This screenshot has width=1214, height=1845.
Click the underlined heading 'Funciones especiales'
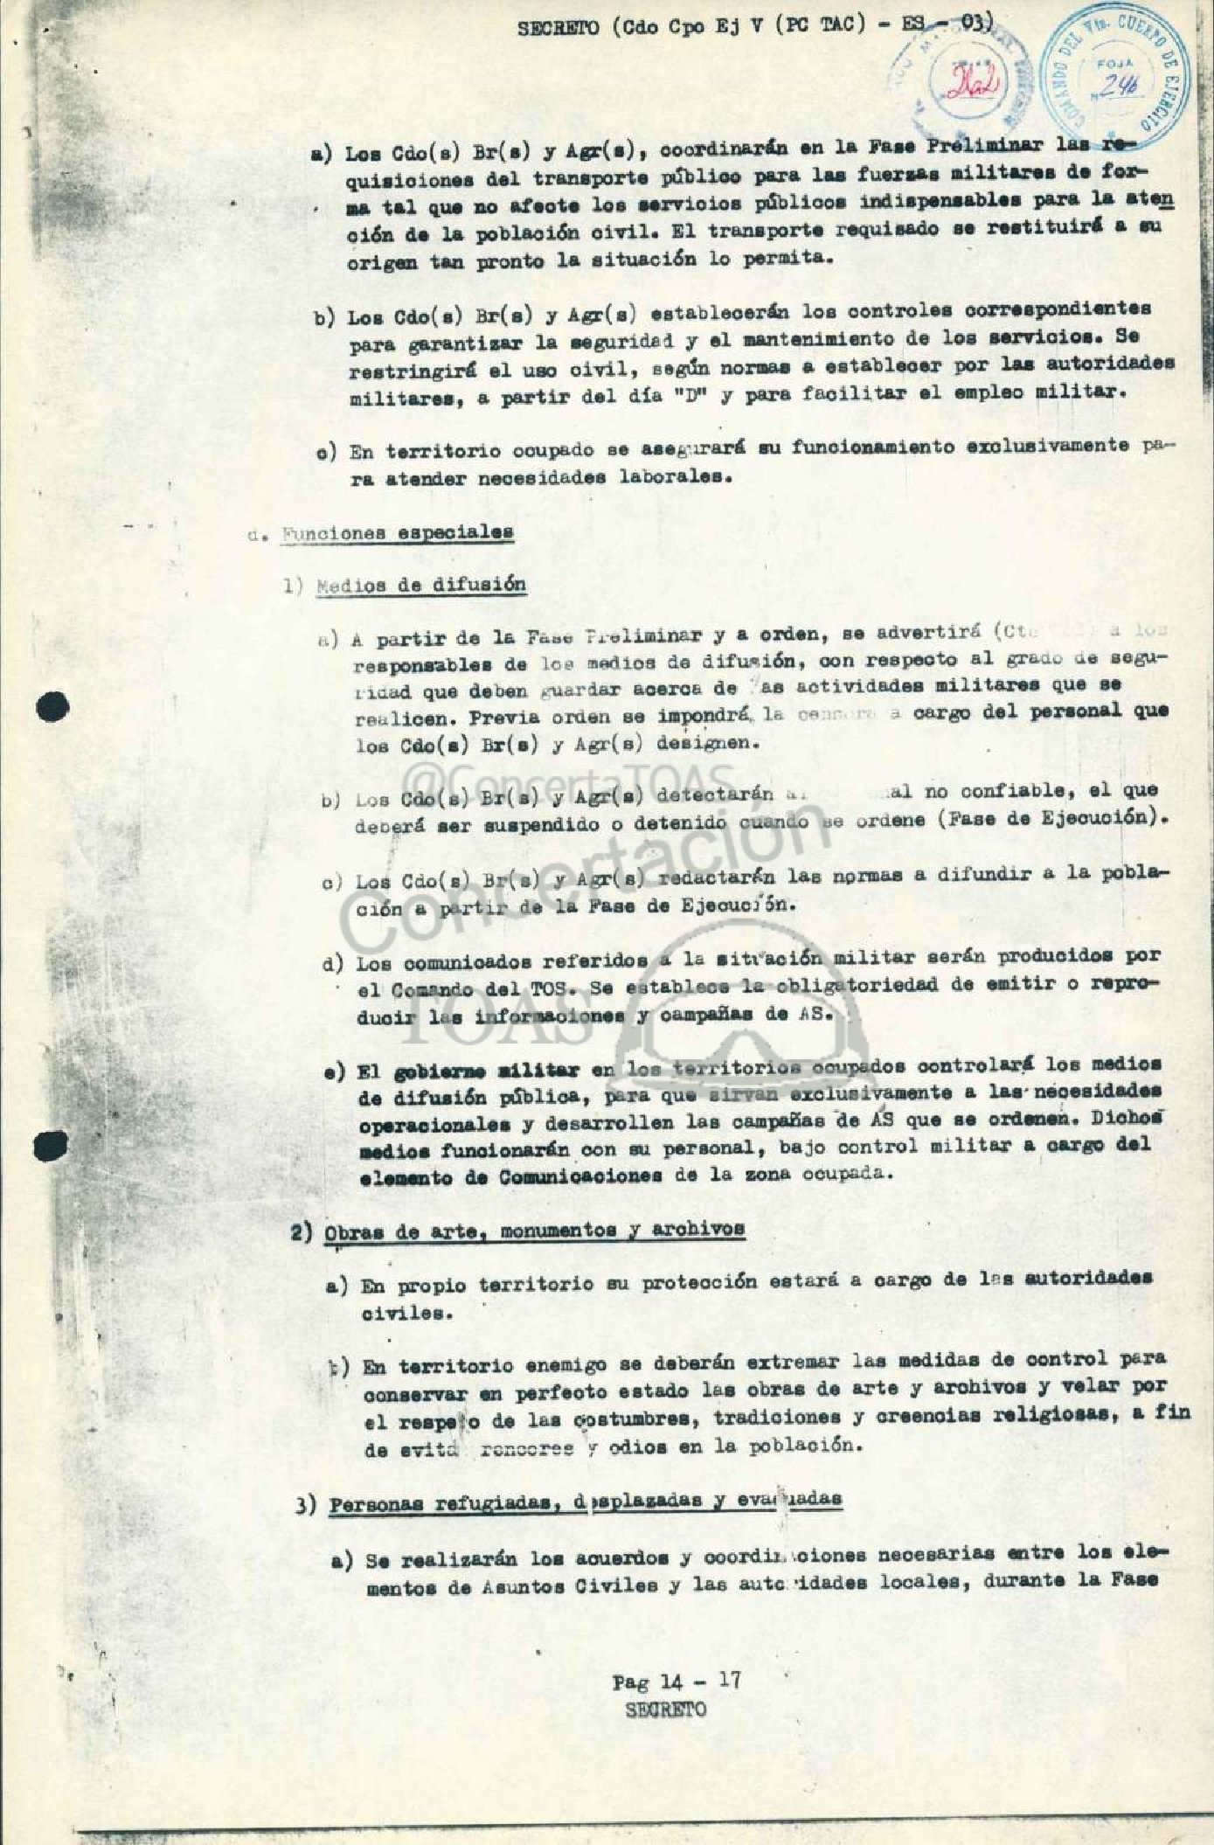point(397,532)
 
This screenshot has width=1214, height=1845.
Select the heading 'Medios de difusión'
point(420,586)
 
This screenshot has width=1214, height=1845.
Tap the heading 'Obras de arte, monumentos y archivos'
point(533,1229)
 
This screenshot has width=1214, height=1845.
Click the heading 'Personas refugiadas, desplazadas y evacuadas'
point(585,1500)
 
